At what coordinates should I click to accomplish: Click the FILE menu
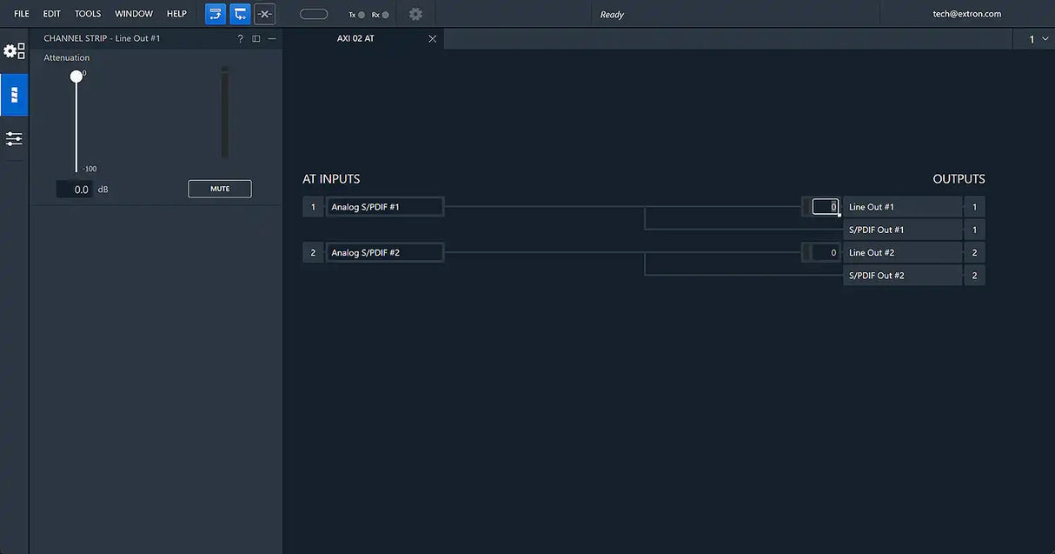pyautogui.click(x=21, y=14)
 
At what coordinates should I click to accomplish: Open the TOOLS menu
pyautogui.click(x=88, y=14)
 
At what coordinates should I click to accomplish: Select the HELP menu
pyautogui.click(x=176, y=14)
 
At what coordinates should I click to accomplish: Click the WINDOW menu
pyautogui.click(x=134, y=14)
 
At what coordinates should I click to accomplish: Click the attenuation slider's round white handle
pyautogui.click(x=76, y=77)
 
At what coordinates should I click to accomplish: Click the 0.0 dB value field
pyautogui.click(x=74, y=189)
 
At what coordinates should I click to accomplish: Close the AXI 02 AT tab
pyautogui.click(x=433, y=38)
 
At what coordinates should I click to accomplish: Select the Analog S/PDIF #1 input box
pyautogui.click(x=384, y=207)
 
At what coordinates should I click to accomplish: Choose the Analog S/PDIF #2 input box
pyautogui.click(x=384, y=253)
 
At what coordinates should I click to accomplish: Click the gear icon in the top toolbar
pyautogui.click(x=415, y=14)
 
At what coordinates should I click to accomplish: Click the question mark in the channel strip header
pyautogui.click(x=240, y=38)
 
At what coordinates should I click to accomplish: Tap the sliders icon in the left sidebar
pyautogui.click(x=14, y=138)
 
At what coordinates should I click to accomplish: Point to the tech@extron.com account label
pyautogui.click(x=967, y=14)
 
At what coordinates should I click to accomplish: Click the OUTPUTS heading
pyautogui.click(x=959, y=178)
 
